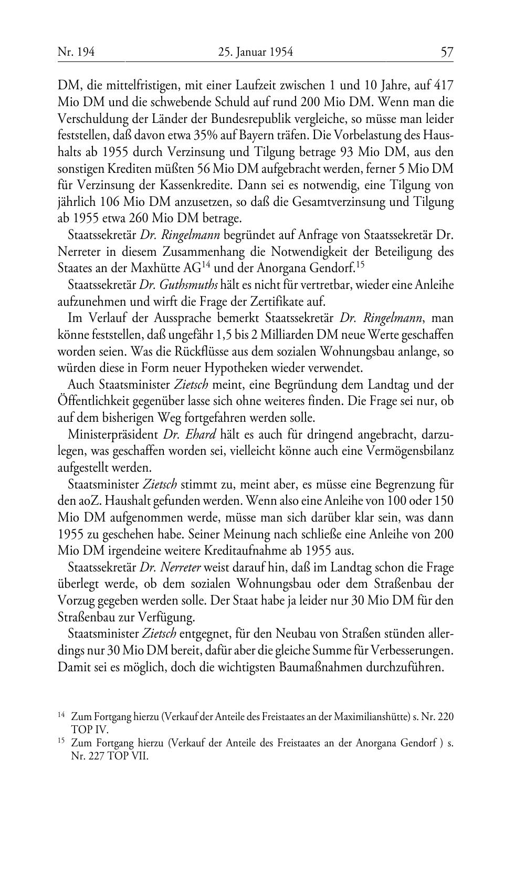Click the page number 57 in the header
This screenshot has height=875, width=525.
pyautogui.click(x=447, y=52)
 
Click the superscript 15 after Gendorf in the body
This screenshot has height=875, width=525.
pyautogui.click(x=360, y=264)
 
